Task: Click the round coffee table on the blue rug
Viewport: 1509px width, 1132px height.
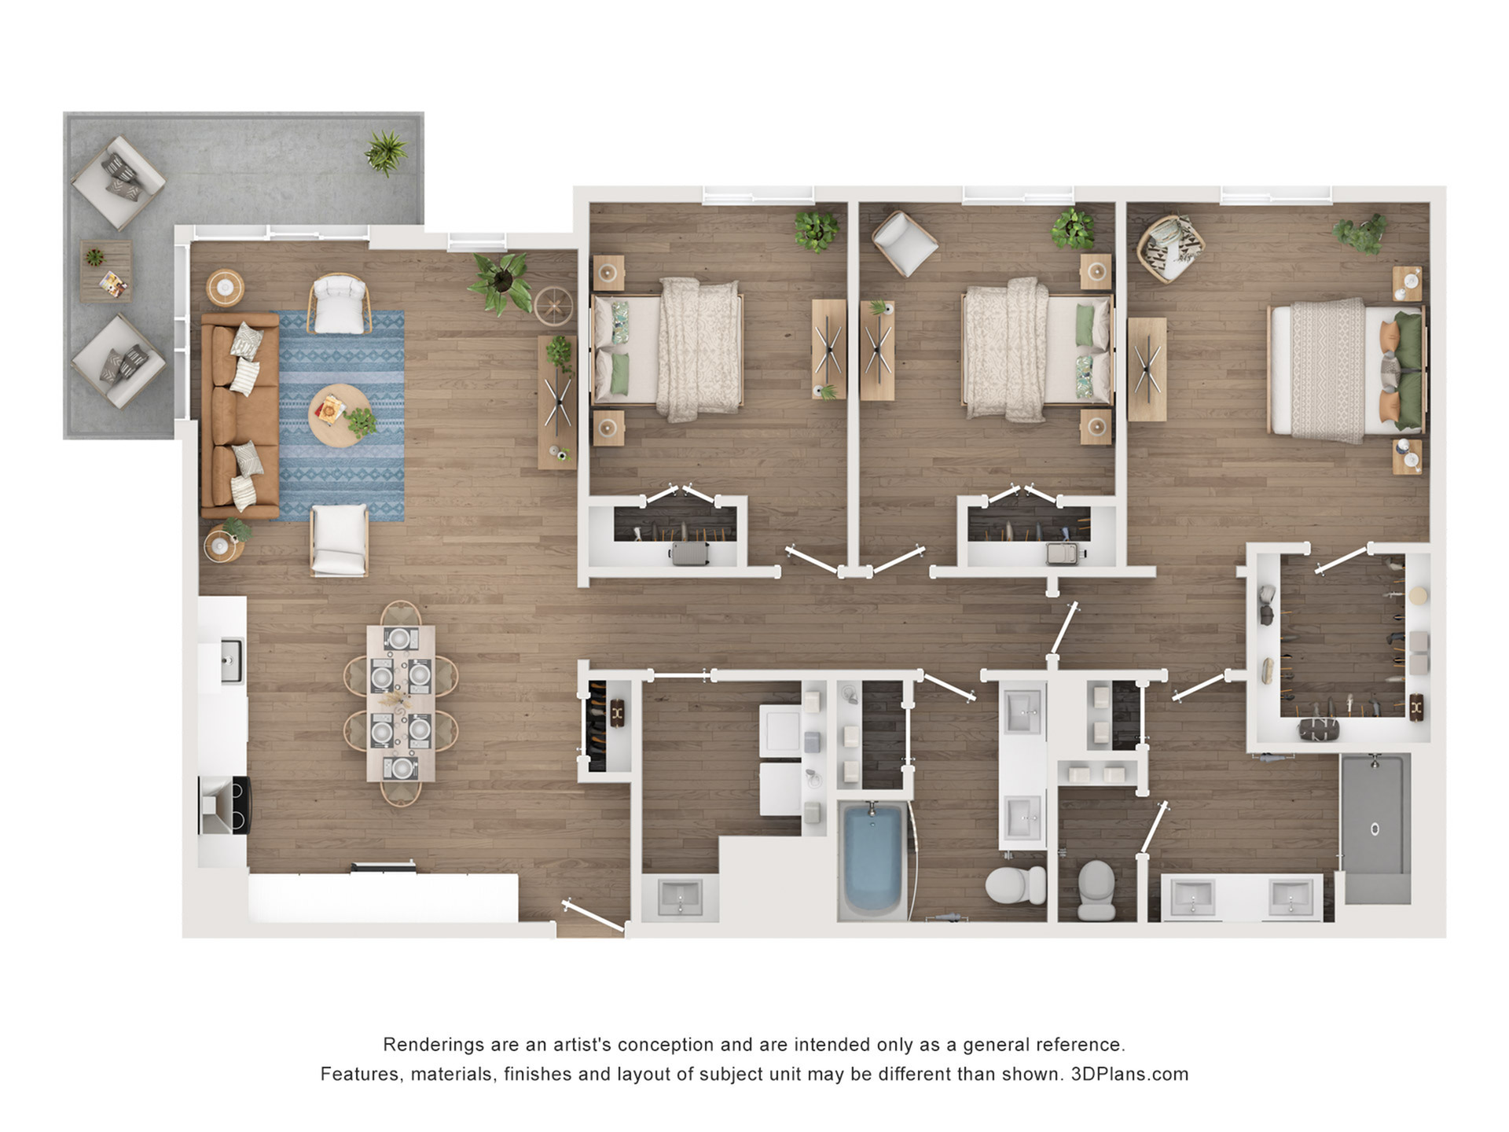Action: pos(341,416)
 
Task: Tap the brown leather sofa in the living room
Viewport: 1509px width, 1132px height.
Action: pos(240,416)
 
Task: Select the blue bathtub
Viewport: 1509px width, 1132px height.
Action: pos(873,858)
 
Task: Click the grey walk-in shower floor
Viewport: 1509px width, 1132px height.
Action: pos(1375,828)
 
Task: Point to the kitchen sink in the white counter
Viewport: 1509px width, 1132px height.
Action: pos(232,660)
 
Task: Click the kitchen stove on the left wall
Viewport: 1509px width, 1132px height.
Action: pos(225,805)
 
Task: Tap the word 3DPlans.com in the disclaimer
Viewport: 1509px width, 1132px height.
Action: pos(1129,1074)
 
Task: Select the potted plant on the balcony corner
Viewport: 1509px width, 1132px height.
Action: pos(386,152)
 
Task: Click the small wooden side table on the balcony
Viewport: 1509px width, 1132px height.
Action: pos(105,271)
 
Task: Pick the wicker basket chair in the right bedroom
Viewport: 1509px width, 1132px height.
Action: pos(1171,248)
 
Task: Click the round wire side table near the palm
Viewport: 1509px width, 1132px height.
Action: pos(554,307)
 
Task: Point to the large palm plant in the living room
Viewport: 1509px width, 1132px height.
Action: pos(501,281)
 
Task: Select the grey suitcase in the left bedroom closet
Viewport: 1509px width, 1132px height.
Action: pos(689,553)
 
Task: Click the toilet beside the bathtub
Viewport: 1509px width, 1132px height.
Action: pos(1015,885)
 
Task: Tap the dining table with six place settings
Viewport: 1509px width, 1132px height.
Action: pos(401,704)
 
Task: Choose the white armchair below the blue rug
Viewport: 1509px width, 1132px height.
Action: pos(340,539)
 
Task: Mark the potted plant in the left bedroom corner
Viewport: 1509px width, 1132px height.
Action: pos(816,230)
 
